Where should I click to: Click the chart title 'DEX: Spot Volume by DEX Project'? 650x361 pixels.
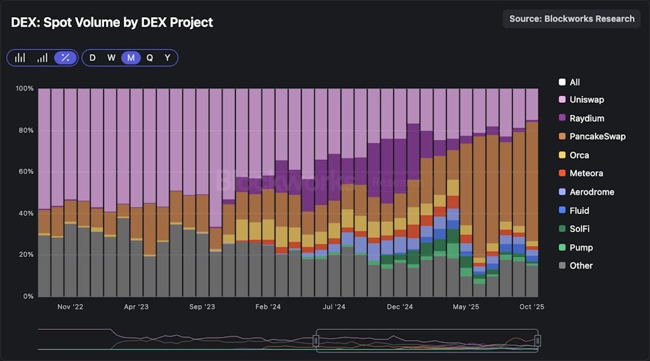pos(112,22)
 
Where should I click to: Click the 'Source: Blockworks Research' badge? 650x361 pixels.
pos(571,18)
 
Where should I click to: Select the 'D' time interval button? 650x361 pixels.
pos(93,58)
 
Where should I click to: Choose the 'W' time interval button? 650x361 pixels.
pos(111,58)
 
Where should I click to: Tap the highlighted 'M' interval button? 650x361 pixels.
pos(131,58)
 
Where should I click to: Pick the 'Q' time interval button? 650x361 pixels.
pos(150,58)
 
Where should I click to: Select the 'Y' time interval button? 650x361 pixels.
pos(168,58)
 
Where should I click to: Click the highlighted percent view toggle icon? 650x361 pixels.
pos(65,58)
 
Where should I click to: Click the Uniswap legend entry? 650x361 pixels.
pos(587,100)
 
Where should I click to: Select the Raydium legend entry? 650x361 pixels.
pos(587,119)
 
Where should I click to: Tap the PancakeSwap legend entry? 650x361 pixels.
pos(597,136)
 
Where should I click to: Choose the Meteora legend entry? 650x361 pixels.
pos(586,173)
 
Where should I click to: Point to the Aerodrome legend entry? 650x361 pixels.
pos(591,192)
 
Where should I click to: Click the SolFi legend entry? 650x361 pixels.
pos(580,228)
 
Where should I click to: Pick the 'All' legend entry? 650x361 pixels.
pos(574,82)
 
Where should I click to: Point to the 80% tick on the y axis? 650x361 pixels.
pos(25,130)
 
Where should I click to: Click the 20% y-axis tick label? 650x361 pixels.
pos(25,254)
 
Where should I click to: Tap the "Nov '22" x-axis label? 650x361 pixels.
pos(70,307)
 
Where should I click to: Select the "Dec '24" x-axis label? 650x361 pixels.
pos(401,307)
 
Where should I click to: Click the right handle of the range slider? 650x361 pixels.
pos(538,341)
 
